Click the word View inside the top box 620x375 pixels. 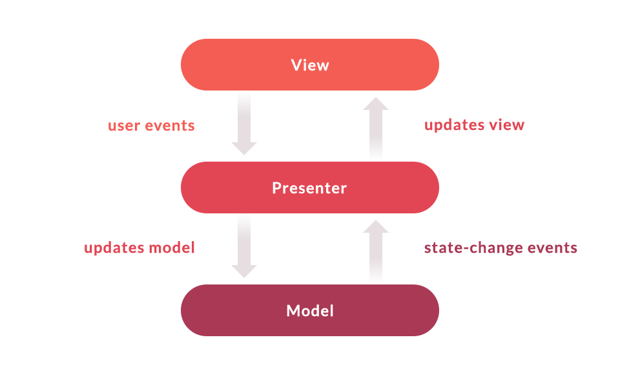coord(310,65)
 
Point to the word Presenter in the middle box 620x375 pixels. coord(309,188)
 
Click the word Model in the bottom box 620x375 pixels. coord(310,311)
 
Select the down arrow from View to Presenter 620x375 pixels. coord(244,123)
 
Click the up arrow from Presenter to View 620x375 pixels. coord(376,129)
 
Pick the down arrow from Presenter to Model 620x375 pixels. coord(244,246)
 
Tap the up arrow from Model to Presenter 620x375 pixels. coord(376,252)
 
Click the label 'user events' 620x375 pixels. coord(151,125)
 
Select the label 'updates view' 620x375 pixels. coord(474,125)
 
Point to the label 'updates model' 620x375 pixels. coord(139,248)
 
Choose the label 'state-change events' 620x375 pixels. coord(501,248)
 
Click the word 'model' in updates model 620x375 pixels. coord(172,248)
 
